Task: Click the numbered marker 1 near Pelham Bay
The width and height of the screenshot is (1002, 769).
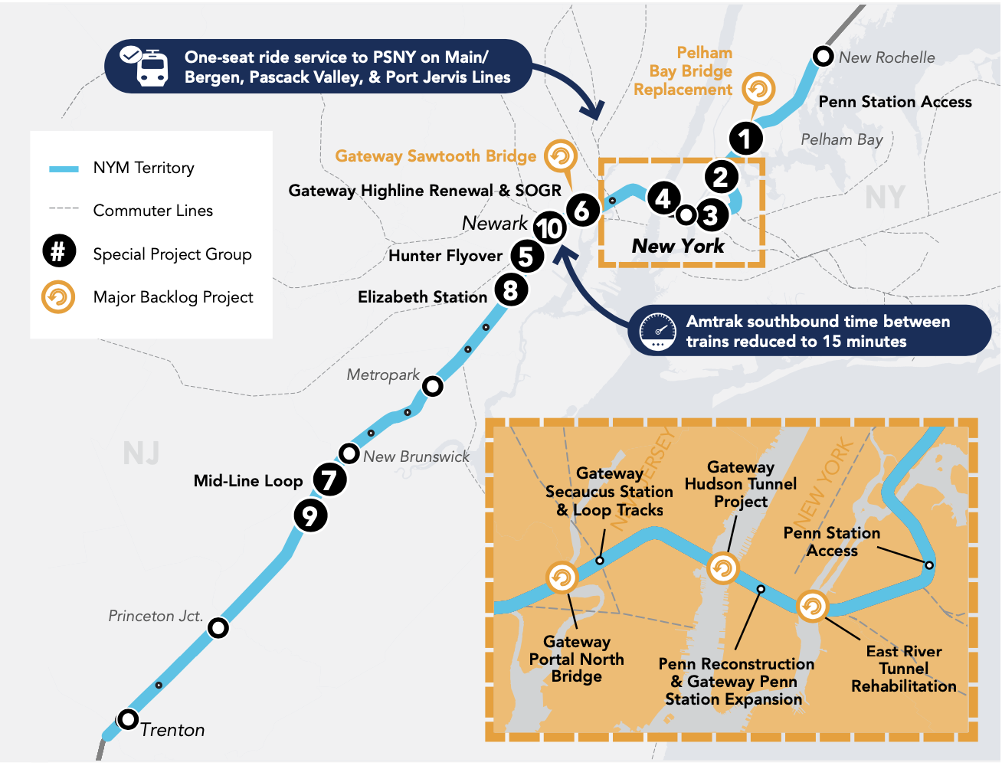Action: point(745,139)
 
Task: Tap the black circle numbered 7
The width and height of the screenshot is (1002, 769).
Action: point(329,480)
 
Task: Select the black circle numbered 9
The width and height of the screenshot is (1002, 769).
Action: point(310,515)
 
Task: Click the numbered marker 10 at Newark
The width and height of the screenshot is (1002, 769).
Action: point(549,228)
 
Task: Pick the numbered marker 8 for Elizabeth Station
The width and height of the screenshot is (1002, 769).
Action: point(511,290)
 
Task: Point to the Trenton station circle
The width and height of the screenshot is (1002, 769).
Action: point(128,720)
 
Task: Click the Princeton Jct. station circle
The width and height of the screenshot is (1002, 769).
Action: point(218,628)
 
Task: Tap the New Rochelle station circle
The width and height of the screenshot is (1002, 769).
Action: point(823,56)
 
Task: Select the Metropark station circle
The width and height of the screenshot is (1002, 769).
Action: point(433,386)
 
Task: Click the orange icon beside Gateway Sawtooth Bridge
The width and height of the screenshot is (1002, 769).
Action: point(561,156)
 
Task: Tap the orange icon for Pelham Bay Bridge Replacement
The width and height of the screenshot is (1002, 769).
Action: point(758,90)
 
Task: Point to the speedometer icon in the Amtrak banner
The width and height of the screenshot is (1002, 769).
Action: point(658,331)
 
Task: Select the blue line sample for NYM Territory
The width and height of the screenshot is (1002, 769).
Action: point(64,169)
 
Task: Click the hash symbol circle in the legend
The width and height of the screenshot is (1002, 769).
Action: point(59,251)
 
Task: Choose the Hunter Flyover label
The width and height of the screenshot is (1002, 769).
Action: point(445,256)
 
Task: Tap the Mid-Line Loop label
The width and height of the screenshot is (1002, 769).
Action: point(248,481)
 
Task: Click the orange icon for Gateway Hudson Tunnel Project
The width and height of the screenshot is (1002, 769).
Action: point(722,568)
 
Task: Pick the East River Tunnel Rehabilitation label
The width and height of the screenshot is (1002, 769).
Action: point(904,669)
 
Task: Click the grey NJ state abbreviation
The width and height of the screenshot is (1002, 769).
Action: point(142,453)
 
